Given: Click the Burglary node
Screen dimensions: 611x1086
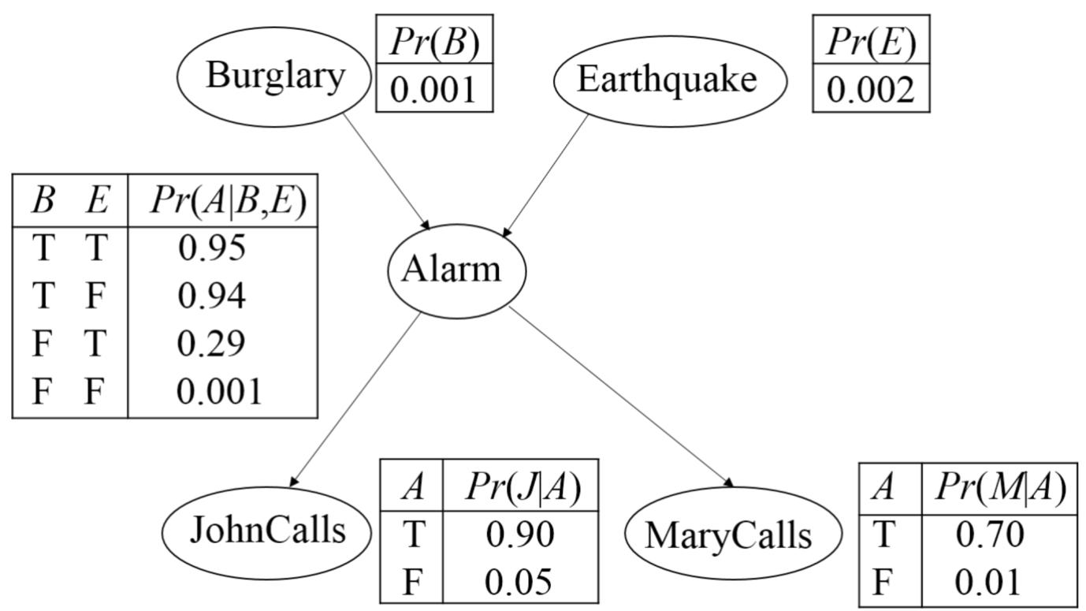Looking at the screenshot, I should pyautogui.click(x=274, y=76).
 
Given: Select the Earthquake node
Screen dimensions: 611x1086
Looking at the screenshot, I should pyautogui.click(x=670, y=80).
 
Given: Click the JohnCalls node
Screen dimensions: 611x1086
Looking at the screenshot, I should pyautogui.click(x=266, y=531).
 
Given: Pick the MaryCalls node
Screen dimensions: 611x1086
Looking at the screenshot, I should pyautogui.click(x=729, y=535).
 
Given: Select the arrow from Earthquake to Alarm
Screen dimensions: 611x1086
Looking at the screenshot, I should pyautogui.click(x=546, y=176).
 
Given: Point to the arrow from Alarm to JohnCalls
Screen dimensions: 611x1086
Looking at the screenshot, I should pyautogui.click(x=356, y=397).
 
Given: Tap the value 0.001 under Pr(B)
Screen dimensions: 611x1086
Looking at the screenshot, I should pyautogui.click(x=434, y=88).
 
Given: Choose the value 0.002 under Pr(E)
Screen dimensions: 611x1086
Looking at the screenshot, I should pyautogui.click(x=871, y=90).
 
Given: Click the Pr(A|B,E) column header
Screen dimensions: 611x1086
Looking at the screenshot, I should pyautogui.click(x=227, y=203).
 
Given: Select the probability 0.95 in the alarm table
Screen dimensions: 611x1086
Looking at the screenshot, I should pyautogui.click(x=212, y=248).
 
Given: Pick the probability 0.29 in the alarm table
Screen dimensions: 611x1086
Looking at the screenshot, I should pyautogui.click(x=212, y=343).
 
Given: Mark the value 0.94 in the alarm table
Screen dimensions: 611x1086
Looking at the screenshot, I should pyautogui.click(x=212, y=296).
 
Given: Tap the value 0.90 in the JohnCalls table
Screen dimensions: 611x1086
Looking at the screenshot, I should pyautogui.click(x=520, y=535).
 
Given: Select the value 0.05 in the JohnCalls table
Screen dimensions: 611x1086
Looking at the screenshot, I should pyautogui.click(x=520, y=582).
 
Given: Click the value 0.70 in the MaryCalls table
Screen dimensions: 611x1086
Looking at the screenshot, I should pyautogui.click(x=990, y=535).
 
